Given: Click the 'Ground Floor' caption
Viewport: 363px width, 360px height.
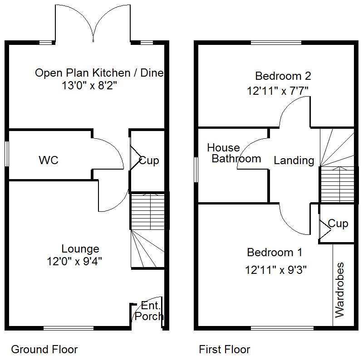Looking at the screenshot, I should tap(44, 350).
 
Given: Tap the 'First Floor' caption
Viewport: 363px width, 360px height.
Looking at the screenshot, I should tap(224, 350).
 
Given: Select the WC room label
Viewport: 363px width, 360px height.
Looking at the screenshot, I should tap(49, 161).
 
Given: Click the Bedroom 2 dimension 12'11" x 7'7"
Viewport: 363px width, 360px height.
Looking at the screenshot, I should tap(278, 91).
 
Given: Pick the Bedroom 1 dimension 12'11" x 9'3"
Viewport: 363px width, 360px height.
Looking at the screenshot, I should tap(276, 270).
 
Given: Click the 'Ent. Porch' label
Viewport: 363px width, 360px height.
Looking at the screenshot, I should tap(149, 311).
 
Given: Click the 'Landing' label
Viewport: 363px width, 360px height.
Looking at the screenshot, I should tap(294, 160).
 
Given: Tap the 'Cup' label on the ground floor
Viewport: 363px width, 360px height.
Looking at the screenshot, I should tap(149, 161).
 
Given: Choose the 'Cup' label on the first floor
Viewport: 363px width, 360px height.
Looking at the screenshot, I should tap(338, 224).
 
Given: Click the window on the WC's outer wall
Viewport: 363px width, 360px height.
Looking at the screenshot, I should tap(7, 156).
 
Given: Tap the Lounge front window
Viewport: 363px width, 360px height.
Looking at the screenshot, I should tap(69, 328).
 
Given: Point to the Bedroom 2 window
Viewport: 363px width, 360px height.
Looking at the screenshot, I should tap(276, 43).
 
